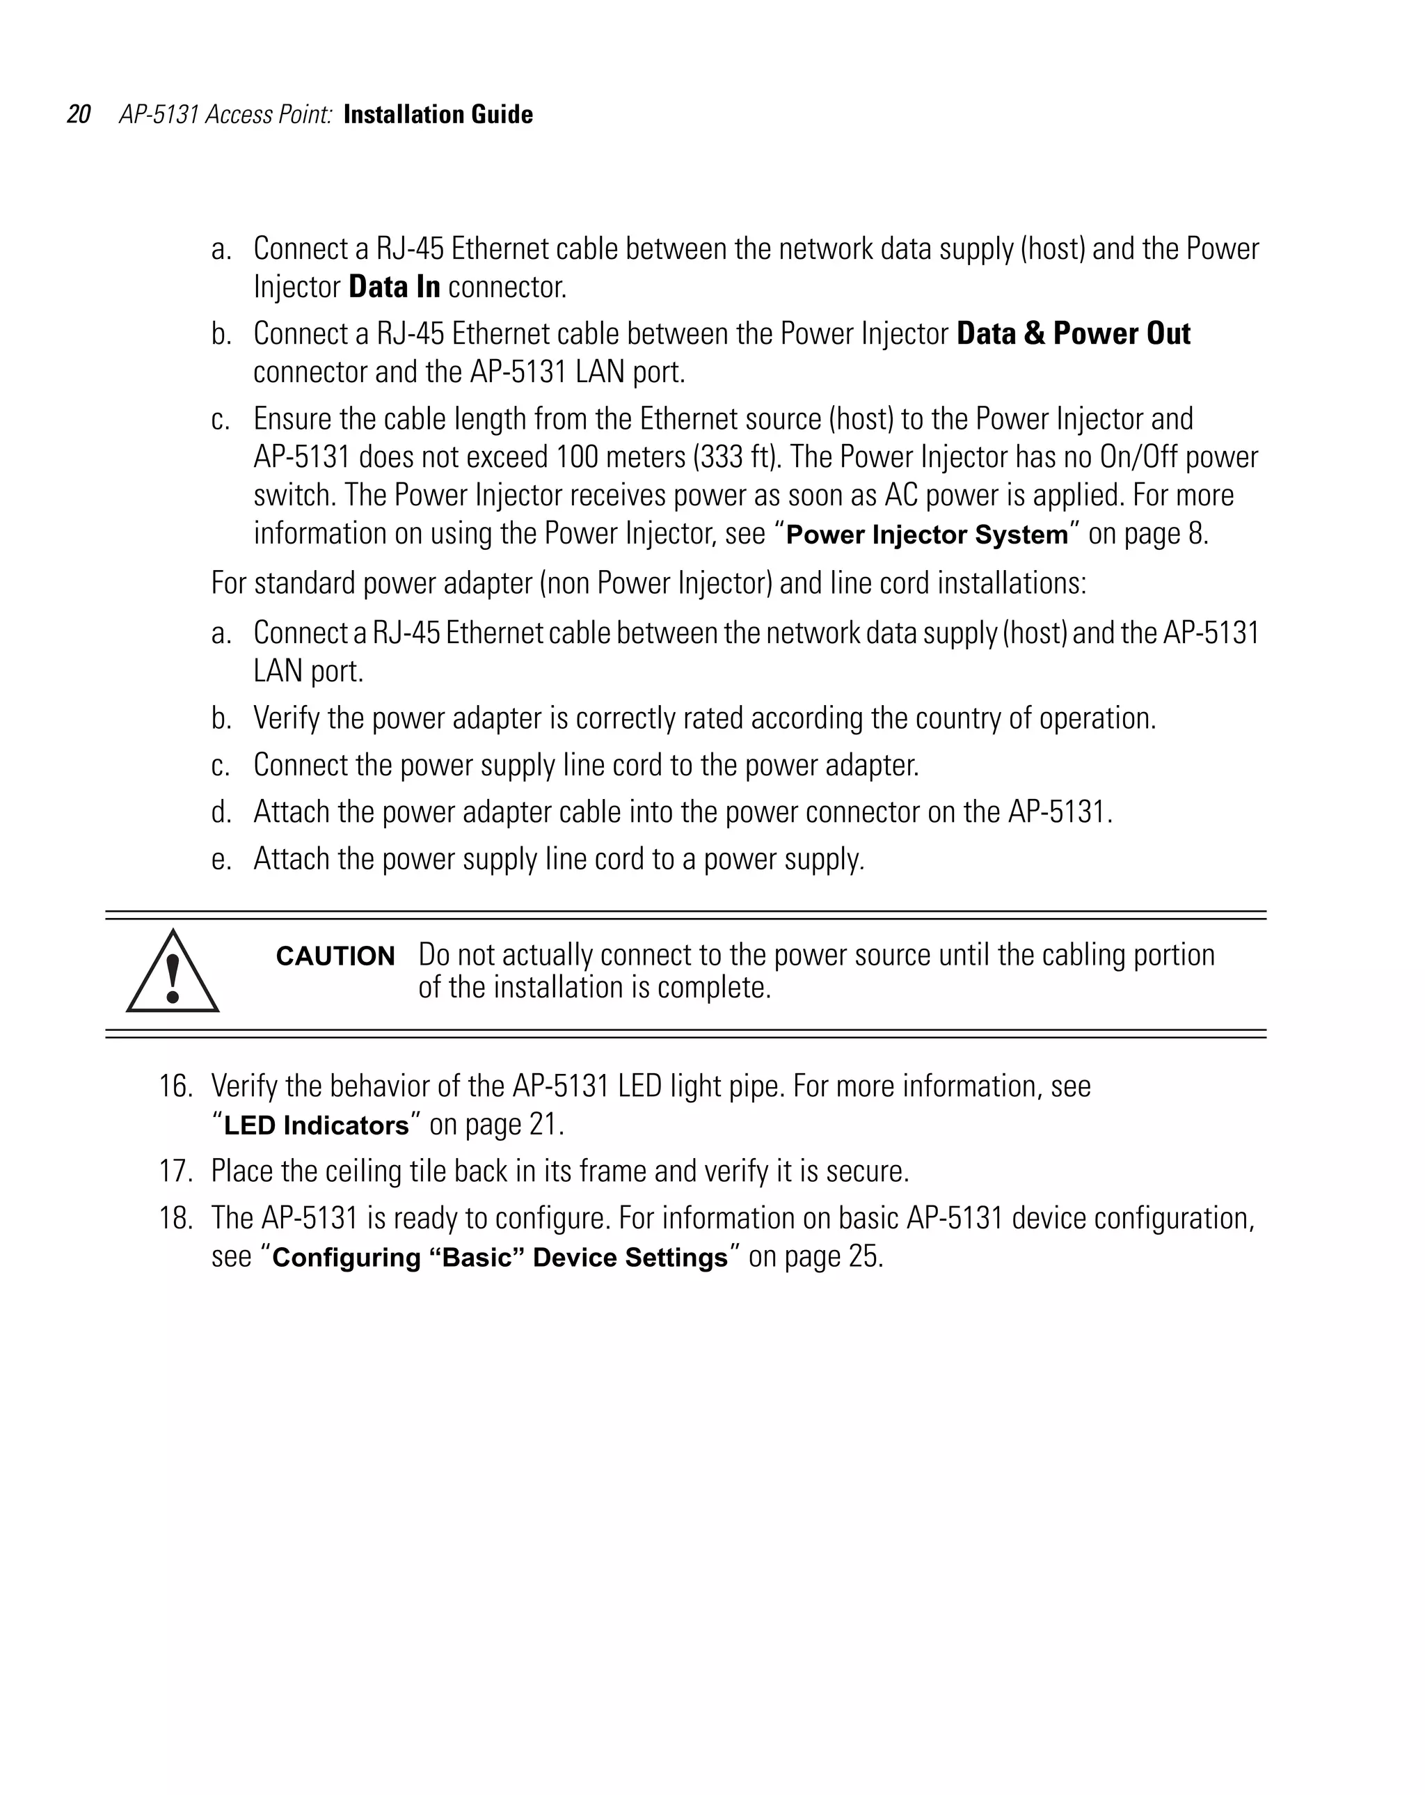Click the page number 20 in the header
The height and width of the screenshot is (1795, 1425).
point(78,114)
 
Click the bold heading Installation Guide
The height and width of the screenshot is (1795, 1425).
point(438,114)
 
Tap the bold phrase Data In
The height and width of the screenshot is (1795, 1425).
point(394,287)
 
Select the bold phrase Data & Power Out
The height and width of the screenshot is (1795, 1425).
point(1073,334)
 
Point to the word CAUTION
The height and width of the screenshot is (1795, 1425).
point(335,956)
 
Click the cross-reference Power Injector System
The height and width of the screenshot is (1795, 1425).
point(926,535)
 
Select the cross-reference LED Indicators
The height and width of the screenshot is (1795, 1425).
point(317,1125)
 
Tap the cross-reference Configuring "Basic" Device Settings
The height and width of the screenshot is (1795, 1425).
point(500,1257)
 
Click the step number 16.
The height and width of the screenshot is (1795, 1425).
point(175,1086)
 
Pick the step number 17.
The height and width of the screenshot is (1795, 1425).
point(175,1171)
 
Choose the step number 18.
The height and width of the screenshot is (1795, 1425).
point(175,1218)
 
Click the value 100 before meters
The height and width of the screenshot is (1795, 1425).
point(577,457)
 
